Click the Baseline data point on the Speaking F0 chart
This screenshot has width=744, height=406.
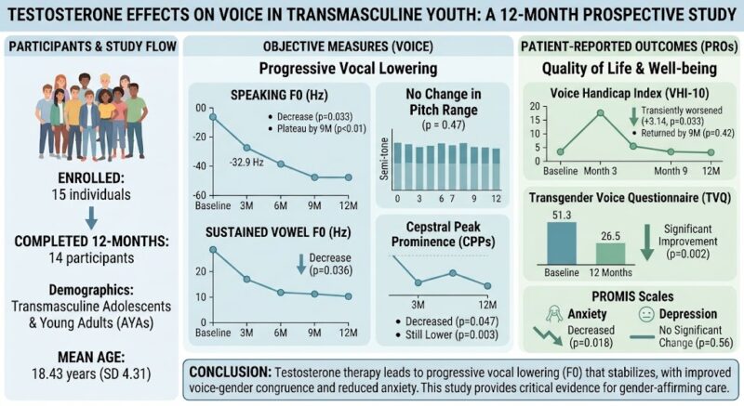(x=213, y=116)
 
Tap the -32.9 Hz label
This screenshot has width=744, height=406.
(x=246, y=163)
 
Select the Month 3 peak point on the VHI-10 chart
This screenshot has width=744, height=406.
(x=600, y=112)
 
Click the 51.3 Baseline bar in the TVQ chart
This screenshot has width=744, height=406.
(x=562, y=243)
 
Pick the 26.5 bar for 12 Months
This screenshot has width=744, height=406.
(x=611, y=254)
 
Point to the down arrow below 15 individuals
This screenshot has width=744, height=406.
(x=91, y=218)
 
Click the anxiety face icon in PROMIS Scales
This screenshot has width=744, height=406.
(x=554, y=314)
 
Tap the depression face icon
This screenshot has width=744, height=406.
(x=646, y=314)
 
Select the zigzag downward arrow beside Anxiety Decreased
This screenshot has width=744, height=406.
(x=548, y=336)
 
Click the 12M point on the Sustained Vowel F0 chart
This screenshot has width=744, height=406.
(x=348, y=296)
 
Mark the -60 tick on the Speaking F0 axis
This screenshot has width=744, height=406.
(x=201, y=195)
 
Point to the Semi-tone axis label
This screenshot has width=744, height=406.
(x=384, y=159)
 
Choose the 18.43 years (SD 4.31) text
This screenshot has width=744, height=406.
(x=91, y=373)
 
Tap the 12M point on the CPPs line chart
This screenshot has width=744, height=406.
(x=487, y=285)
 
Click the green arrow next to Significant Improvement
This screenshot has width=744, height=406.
(x=647, y=242)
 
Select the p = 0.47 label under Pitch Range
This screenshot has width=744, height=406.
(x=444, y=125)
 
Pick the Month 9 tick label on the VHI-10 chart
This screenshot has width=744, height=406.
(x=671, y=171)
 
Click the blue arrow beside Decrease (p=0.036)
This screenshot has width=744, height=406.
(x=301, y=264)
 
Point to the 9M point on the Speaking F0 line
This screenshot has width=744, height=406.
(x=314, y=177)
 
